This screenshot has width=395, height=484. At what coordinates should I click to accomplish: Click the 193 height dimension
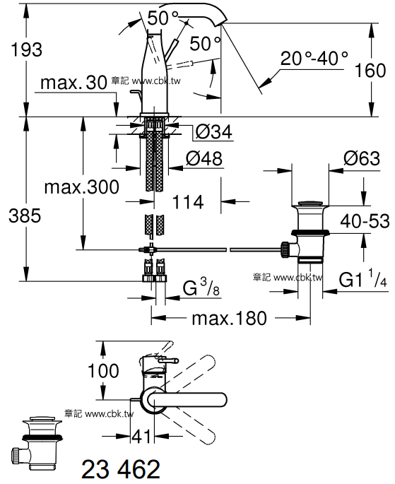(26, 49)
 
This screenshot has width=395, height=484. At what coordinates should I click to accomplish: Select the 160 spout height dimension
(370, 70)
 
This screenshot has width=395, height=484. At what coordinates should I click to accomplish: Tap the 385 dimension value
(25, 216)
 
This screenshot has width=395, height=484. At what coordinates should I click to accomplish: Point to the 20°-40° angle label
(314, 58)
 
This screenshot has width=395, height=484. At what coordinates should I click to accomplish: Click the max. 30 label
(73, 83)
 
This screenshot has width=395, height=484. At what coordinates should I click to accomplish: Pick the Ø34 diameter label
(213, 132)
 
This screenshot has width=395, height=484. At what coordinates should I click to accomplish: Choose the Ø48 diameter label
(204, 158)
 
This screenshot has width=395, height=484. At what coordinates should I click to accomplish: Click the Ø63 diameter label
(362, 158)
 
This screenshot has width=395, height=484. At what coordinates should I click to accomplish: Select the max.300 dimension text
(81, 187)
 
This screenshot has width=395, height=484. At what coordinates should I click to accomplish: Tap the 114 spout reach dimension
(188, 202)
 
